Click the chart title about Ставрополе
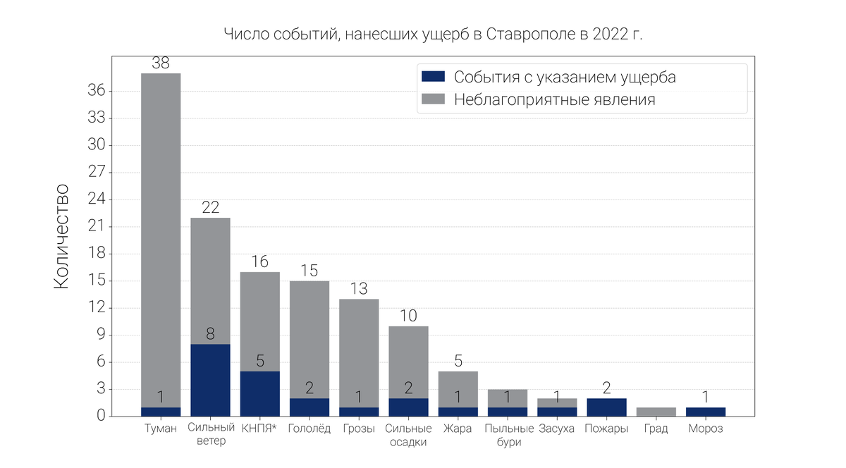coord(433,35)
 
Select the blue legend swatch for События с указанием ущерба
coord(432,77)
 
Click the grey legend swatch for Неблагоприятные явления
coord(432,99)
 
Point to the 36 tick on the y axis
coord(96,91)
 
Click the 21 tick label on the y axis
coord(96,227)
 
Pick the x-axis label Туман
coord(161,429)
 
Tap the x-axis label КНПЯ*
coord(259,429)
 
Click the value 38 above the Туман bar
coord(161,63)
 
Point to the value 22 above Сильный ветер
coord(210,208)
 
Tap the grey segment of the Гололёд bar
coord(309,339)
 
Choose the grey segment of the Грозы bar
coord(359,352)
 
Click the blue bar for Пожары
coord(606,407)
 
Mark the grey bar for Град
coord(656,412)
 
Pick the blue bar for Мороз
coord(705,412)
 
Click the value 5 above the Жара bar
coord(458,362)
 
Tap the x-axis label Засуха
coord(557,429)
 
